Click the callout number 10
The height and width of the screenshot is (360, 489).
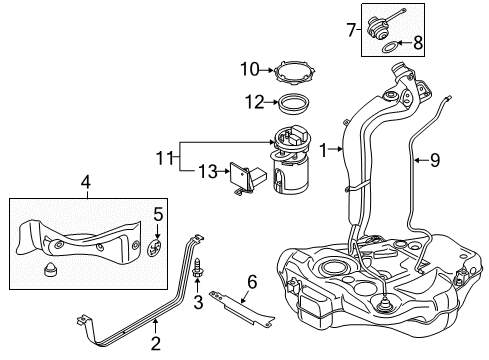point(250,70)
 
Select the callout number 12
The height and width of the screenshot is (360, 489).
point(255,102)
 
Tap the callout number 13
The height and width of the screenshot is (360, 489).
point(208,171)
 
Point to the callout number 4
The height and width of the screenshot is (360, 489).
point(86,182)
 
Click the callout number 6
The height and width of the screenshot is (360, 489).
point(252,282)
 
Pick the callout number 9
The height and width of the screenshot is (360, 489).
point(435,160)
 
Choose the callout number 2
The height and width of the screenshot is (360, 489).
point(156,343)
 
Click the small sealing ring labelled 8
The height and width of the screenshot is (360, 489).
point(389,48)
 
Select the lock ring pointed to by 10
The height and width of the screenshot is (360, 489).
point(294,71)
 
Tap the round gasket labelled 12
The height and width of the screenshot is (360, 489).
point(294,103)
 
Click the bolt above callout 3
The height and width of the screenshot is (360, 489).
point(197,267)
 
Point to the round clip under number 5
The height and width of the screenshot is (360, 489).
point(154,248)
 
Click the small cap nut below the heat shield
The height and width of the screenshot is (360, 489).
point(50,268)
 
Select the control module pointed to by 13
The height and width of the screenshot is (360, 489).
point(247,178)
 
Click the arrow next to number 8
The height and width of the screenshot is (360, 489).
point(405,43)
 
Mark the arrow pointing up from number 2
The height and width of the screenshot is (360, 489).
point(155,327)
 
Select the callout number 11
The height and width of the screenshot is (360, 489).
point(165,158)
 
